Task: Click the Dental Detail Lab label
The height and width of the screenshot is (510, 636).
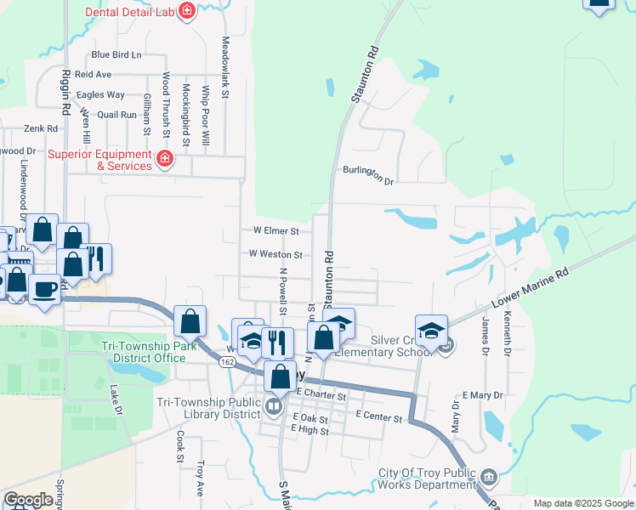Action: coord(130,13)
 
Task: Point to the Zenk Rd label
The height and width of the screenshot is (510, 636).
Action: coord(40,128)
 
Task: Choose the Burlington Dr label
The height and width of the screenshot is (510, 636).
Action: coord(369,175)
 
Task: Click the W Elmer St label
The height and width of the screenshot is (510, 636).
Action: coord(276,230)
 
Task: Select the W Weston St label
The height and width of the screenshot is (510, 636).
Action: coord(275,254)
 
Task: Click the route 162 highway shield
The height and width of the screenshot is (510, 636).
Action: coord(227,362)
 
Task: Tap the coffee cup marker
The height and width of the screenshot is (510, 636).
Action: coord(45,289)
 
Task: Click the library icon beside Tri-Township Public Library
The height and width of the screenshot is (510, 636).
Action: coord(274,406)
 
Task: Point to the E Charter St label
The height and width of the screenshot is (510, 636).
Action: coord(322,396)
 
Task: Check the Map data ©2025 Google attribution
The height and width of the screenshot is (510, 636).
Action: coord(582,503)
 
